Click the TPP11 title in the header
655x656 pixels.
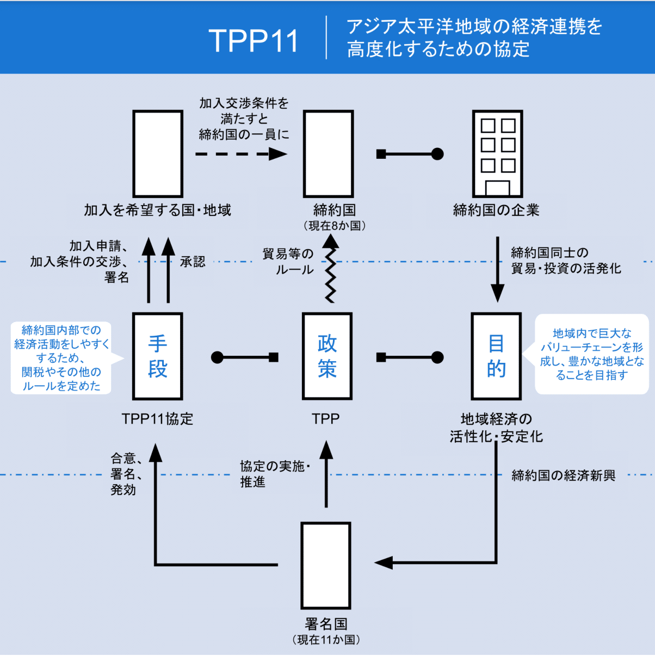[254, 40]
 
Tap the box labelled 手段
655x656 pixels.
[157, 356]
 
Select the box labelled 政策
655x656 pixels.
[327, 356]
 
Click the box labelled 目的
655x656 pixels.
[496, 356]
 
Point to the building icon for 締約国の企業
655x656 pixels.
[497, 154]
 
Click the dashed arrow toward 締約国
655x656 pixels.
[241, 154]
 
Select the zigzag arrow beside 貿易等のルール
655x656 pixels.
[330, 269]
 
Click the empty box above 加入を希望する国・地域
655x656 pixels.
[158, 154]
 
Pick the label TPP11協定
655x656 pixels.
[157, 419]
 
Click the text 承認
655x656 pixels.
[193, 262]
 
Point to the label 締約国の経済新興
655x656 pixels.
[564, 476]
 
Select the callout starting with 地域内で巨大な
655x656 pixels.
[592, 354]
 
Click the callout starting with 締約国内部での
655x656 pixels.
[61, 358]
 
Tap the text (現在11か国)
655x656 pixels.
[326, 640]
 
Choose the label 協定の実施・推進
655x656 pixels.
[275, 474]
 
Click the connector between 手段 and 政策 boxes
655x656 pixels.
[245, 357]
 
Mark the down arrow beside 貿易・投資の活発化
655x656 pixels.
[497, 269]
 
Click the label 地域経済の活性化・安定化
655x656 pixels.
[496, 428]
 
